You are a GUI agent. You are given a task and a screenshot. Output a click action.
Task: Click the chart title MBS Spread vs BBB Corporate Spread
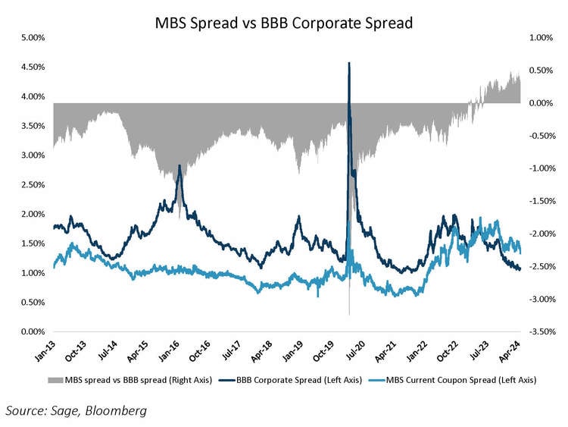284,23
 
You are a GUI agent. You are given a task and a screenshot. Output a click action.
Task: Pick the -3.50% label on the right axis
540,331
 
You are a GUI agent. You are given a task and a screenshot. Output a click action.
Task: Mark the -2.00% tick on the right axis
540,234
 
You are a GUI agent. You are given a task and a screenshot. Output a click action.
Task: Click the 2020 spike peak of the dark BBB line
348,63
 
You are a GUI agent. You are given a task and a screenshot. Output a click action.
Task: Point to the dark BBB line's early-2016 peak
179,165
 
